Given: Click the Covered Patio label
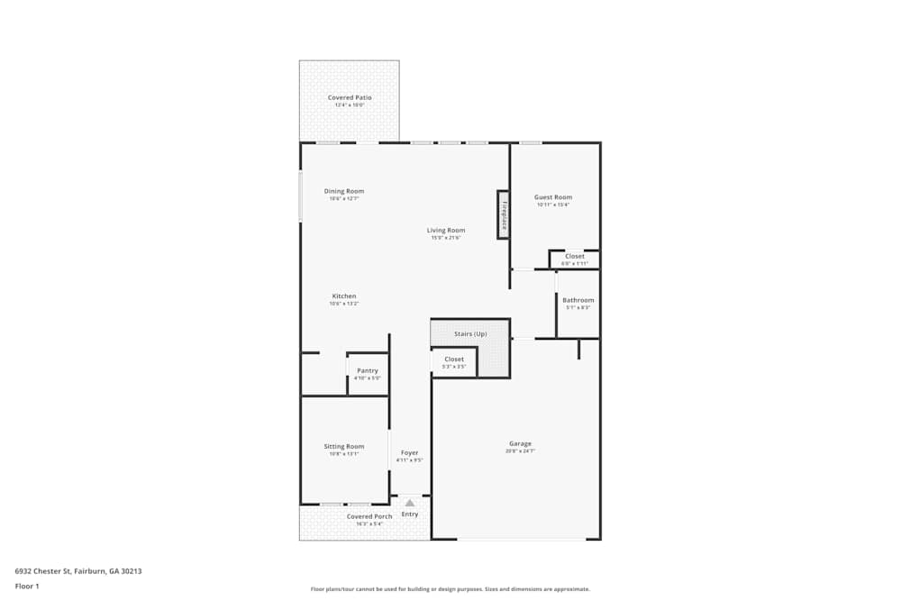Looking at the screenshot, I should tap(350, 97).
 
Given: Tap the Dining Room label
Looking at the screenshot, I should tap(344, 191).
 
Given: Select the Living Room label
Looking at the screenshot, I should tap(446, 231).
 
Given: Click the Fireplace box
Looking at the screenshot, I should tap(504, 214).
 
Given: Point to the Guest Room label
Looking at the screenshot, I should tap(553, 197).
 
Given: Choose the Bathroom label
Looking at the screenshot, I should tap(578, 300).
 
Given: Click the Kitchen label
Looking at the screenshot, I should tap(344, 296).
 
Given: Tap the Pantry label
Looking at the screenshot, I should tap(368, 370).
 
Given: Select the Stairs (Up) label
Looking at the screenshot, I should tap(470, 334).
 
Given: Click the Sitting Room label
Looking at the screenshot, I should tap(344, 447).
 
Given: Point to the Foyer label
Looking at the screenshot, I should tap(410, 453).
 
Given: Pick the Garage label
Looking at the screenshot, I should tap(520, 443).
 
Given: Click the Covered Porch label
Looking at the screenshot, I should tap(369, 516).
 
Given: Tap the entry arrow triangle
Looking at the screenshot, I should tap(410, 503).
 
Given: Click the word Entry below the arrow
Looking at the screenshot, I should tap(410, 514).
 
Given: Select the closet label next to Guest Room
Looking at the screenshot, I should tap(575, 257).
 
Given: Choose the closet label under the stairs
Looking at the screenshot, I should tap(454, 360).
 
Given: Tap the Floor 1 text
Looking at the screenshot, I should tap(27, 586).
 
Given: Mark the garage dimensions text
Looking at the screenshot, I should tap(520, 451).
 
